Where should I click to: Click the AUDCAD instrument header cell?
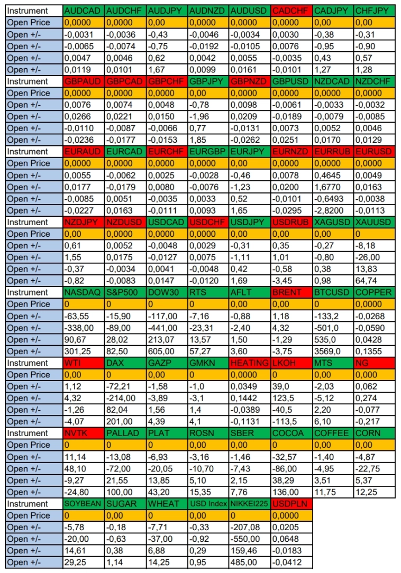84,11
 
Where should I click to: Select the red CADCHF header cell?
291,11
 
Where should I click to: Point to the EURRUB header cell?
333,152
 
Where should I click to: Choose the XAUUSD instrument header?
375,222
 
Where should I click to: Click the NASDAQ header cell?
84,292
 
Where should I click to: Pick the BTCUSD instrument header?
333,292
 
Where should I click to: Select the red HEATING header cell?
250,363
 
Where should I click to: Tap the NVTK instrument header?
84,433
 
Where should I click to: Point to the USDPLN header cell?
291,504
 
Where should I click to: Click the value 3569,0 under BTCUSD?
333,352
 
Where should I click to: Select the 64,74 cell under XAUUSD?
375,281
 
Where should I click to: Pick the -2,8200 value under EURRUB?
333,210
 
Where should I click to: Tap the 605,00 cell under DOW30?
167,352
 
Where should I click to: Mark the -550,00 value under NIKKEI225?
250,539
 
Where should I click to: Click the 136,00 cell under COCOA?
291,492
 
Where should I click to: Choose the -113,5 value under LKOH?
291,422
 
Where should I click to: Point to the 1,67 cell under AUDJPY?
167,70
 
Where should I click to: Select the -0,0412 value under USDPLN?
291,562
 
